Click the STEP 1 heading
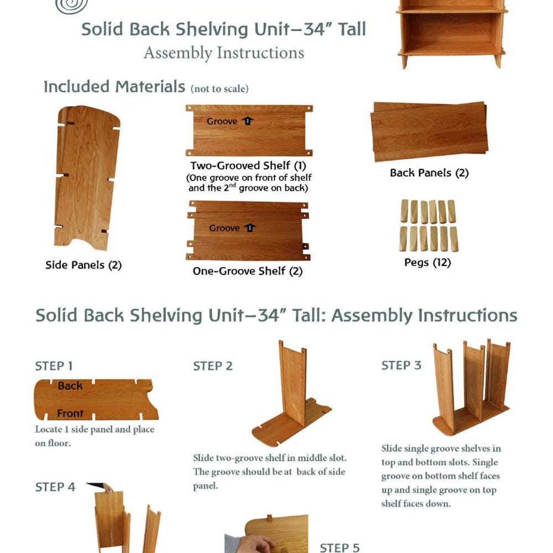54,366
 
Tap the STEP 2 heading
213,366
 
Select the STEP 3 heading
401,366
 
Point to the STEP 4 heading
55,487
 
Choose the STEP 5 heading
340,547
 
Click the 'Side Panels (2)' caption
84,265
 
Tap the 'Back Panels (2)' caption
429,173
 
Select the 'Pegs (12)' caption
427,262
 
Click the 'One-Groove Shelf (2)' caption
248,271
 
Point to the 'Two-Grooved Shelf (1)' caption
248,166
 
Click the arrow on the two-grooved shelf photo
248,121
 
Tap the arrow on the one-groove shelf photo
250,227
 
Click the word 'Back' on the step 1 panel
70,386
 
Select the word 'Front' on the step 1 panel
70,413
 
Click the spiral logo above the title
71,6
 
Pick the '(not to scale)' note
220,88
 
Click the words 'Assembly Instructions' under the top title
224,53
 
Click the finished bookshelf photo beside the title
452,34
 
